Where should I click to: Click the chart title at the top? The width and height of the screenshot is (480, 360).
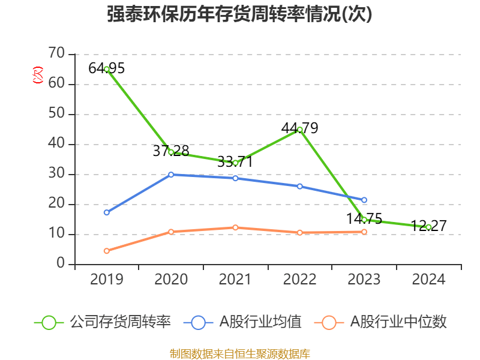pos(239,14)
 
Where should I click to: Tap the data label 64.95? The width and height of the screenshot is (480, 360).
pos(106,68)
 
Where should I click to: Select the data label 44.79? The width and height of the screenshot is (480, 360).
pos(299,128)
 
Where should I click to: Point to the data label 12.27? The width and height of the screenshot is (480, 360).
pos(428,226)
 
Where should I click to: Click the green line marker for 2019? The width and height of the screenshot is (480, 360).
pos(107,70)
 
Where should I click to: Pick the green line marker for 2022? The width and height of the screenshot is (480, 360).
pos(299,130)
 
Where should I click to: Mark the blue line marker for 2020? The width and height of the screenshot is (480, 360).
pos(171,175)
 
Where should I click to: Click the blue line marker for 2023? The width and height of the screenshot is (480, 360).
pos(364,200)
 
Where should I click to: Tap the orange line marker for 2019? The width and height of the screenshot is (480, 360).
pos(107,251)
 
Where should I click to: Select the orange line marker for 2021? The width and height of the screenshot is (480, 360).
pos(235,227)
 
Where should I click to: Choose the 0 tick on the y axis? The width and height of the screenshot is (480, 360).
pos(61,264)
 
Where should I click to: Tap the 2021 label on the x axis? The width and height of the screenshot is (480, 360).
pos(235,279)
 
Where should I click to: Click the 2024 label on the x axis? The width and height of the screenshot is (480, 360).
pos(428,279)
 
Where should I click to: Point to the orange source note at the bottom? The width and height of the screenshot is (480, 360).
pos(239,353)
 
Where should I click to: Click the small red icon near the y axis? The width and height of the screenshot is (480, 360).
pos(38,76)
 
